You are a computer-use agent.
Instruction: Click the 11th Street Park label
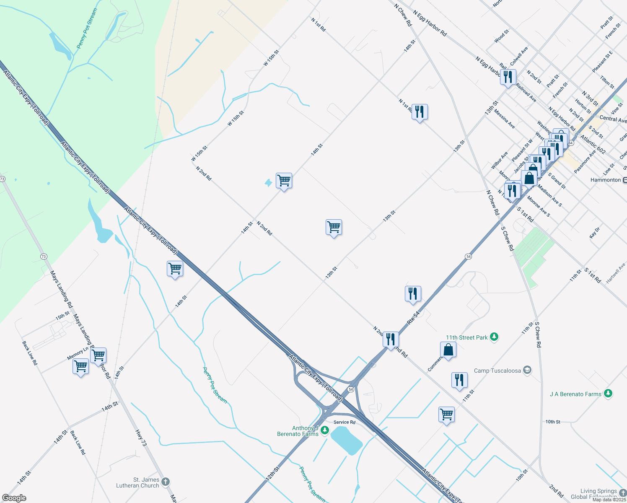point(466,337)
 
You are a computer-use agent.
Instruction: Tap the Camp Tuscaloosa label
point(497,371)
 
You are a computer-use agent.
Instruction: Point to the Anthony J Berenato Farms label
point(298,431)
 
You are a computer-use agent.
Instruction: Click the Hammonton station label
point(605,180)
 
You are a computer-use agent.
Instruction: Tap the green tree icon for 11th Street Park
point(495,337)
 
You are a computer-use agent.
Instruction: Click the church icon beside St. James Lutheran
point(166,482)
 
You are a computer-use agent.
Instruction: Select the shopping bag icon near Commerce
point(448,350)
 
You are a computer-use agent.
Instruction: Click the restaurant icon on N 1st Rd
point(420,112)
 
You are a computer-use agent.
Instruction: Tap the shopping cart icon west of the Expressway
point(175,268)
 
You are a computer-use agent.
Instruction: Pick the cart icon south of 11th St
point(446,415)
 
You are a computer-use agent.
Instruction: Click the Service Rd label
point(345,422)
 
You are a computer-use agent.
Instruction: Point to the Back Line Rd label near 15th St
point(30,353)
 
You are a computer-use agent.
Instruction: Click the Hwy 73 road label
point(141,438)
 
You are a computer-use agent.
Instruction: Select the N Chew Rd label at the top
point(403,15)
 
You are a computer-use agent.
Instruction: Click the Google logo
point(14,498)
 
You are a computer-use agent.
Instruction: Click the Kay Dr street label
point(595,233)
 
